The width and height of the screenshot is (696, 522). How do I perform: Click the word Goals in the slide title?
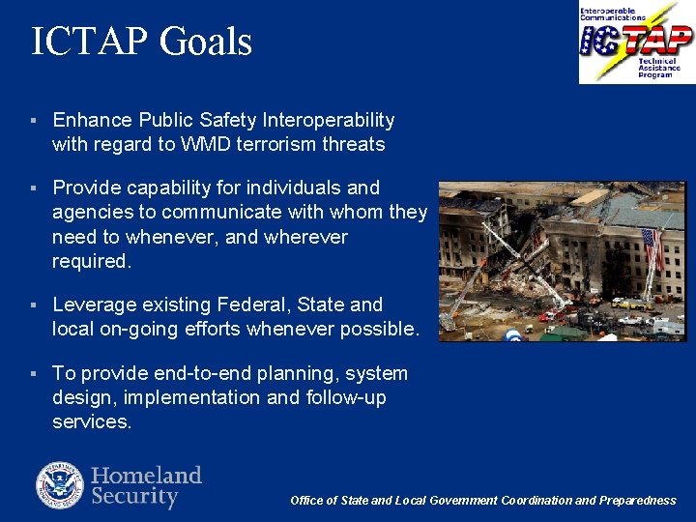pyautogui.click(x=205, y=43)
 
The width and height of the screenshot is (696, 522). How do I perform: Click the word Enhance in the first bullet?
pyautogui.click(x=93, y=120)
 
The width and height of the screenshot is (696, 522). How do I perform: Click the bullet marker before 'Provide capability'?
pyautogui.click(x=34, y=188)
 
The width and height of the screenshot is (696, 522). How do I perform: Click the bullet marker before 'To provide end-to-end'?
pyautogui.click(x=34, y=374)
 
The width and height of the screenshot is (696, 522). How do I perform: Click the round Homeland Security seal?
pyautogui.click(x=60, y=486)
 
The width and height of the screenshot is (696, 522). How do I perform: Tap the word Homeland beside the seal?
pyautogui.click(x=146, y=475)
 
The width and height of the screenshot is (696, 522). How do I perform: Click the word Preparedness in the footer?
pyautogui.click(x=638, y=501)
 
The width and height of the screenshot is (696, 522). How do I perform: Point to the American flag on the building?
pyautogui.click(x=653, y=248)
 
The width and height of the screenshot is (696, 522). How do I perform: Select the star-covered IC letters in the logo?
pyautogui.click(x=599, y=41)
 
